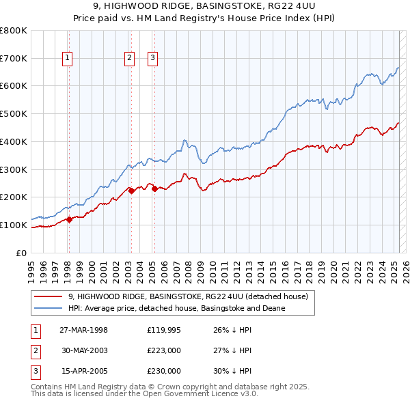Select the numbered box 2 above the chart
[x=129, y=59]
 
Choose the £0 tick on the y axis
[x=23, y=253]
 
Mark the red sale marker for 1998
[x=69, y=219]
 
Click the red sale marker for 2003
[x=131, y=191]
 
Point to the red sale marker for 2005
[x=154, y=189]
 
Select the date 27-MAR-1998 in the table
[x=84, y=330]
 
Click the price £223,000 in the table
[x=164, y=350]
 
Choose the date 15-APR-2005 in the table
[x=84, y=371]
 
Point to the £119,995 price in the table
[x=164, y=330]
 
